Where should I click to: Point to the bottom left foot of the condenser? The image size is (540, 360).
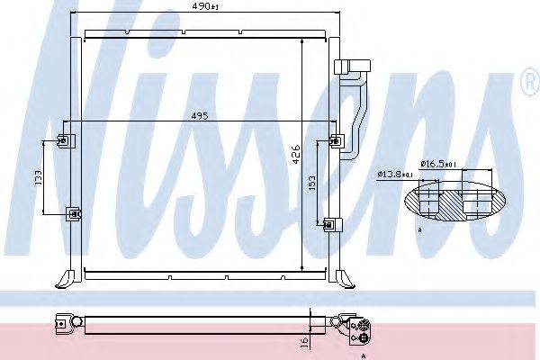pyautogui.click(x=65, y=278)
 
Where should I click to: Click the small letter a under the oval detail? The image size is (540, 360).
pyautogui.click(x=420, y=231)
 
